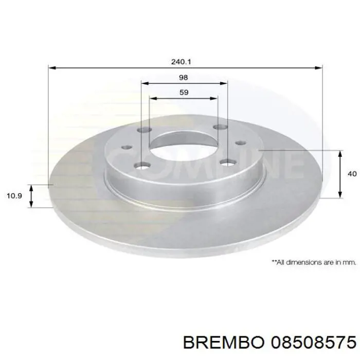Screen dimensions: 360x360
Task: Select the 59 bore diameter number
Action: [x=184, y=93]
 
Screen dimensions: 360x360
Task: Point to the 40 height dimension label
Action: [x=352, y=174]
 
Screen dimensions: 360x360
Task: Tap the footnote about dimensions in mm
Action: [x=314, y=262]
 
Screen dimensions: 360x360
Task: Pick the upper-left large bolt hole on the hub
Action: [x=145, y=131]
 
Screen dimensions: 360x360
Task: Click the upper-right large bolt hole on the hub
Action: [x=221, y=127]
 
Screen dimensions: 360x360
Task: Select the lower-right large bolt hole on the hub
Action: [x=227, y=163]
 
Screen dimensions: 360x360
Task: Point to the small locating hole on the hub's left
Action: [x=125, y=148]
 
